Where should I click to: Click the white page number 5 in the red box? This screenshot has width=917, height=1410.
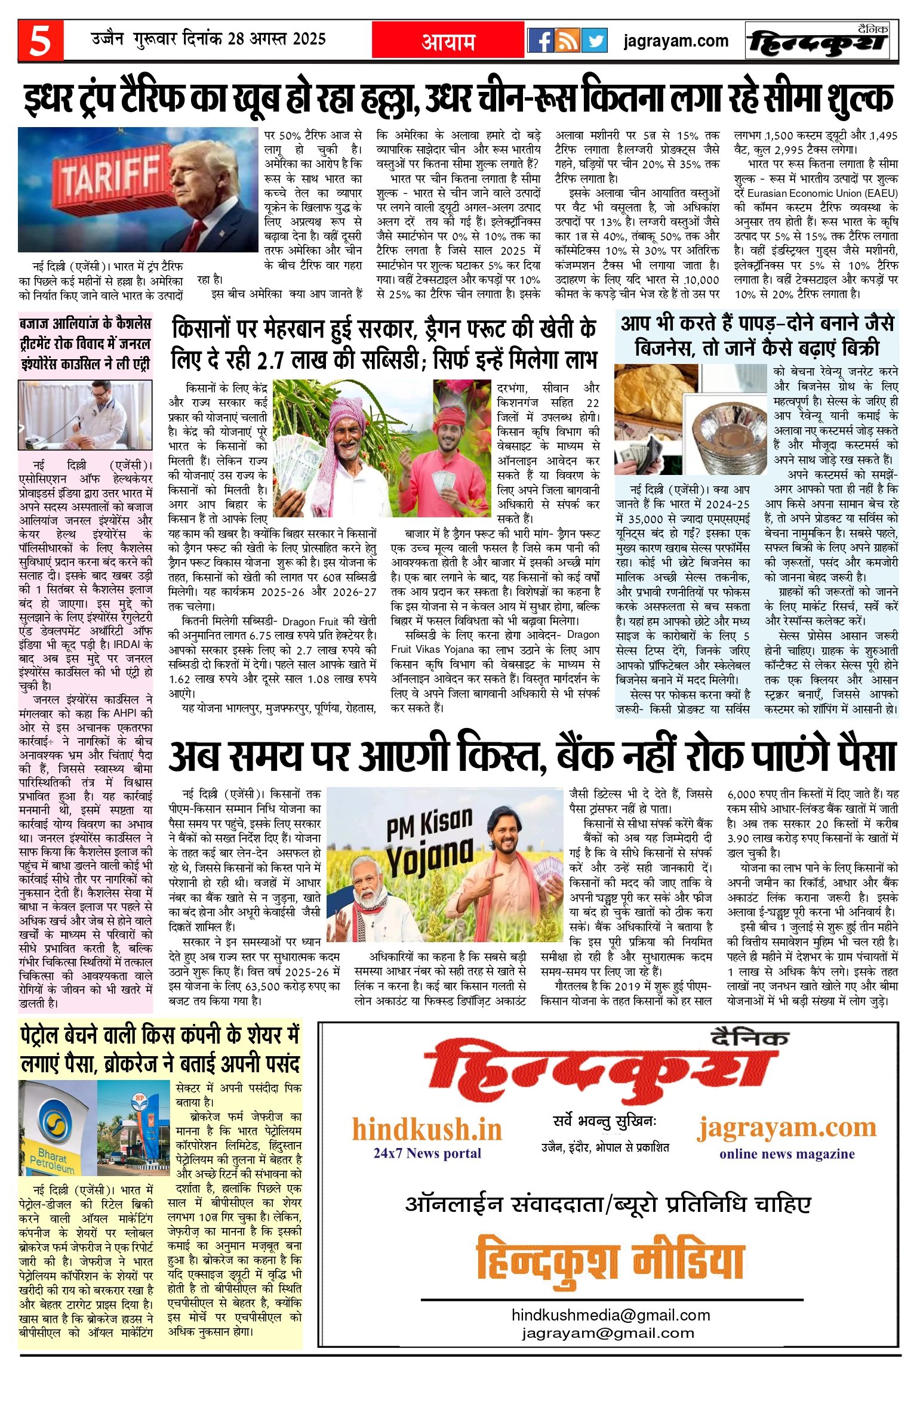tap(40, 41)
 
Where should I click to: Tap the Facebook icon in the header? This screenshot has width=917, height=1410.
tap(540, 41)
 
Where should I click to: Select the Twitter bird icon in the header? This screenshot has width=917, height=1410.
tap(593, 41)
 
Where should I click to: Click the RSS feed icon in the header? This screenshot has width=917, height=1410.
tap(567, 41)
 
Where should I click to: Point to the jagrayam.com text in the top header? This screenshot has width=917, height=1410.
tap(675, 41)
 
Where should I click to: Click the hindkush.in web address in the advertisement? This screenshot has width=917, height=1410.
tap(427, 1130)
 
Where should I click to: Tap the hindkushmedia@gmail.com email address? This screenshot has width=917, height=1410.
tap(611, 1315)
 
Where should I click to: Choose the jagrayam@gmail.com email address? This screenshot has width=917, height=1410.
tap(608, 1332)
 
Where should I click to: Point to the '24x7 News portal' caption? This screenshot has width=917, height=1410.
tap(427, 1153)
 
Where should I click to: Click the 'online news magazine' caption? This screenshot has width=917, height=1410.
tap(786, 1153)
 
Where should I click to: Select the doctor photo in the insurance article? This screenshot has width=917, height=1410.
tap(85, 415)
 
